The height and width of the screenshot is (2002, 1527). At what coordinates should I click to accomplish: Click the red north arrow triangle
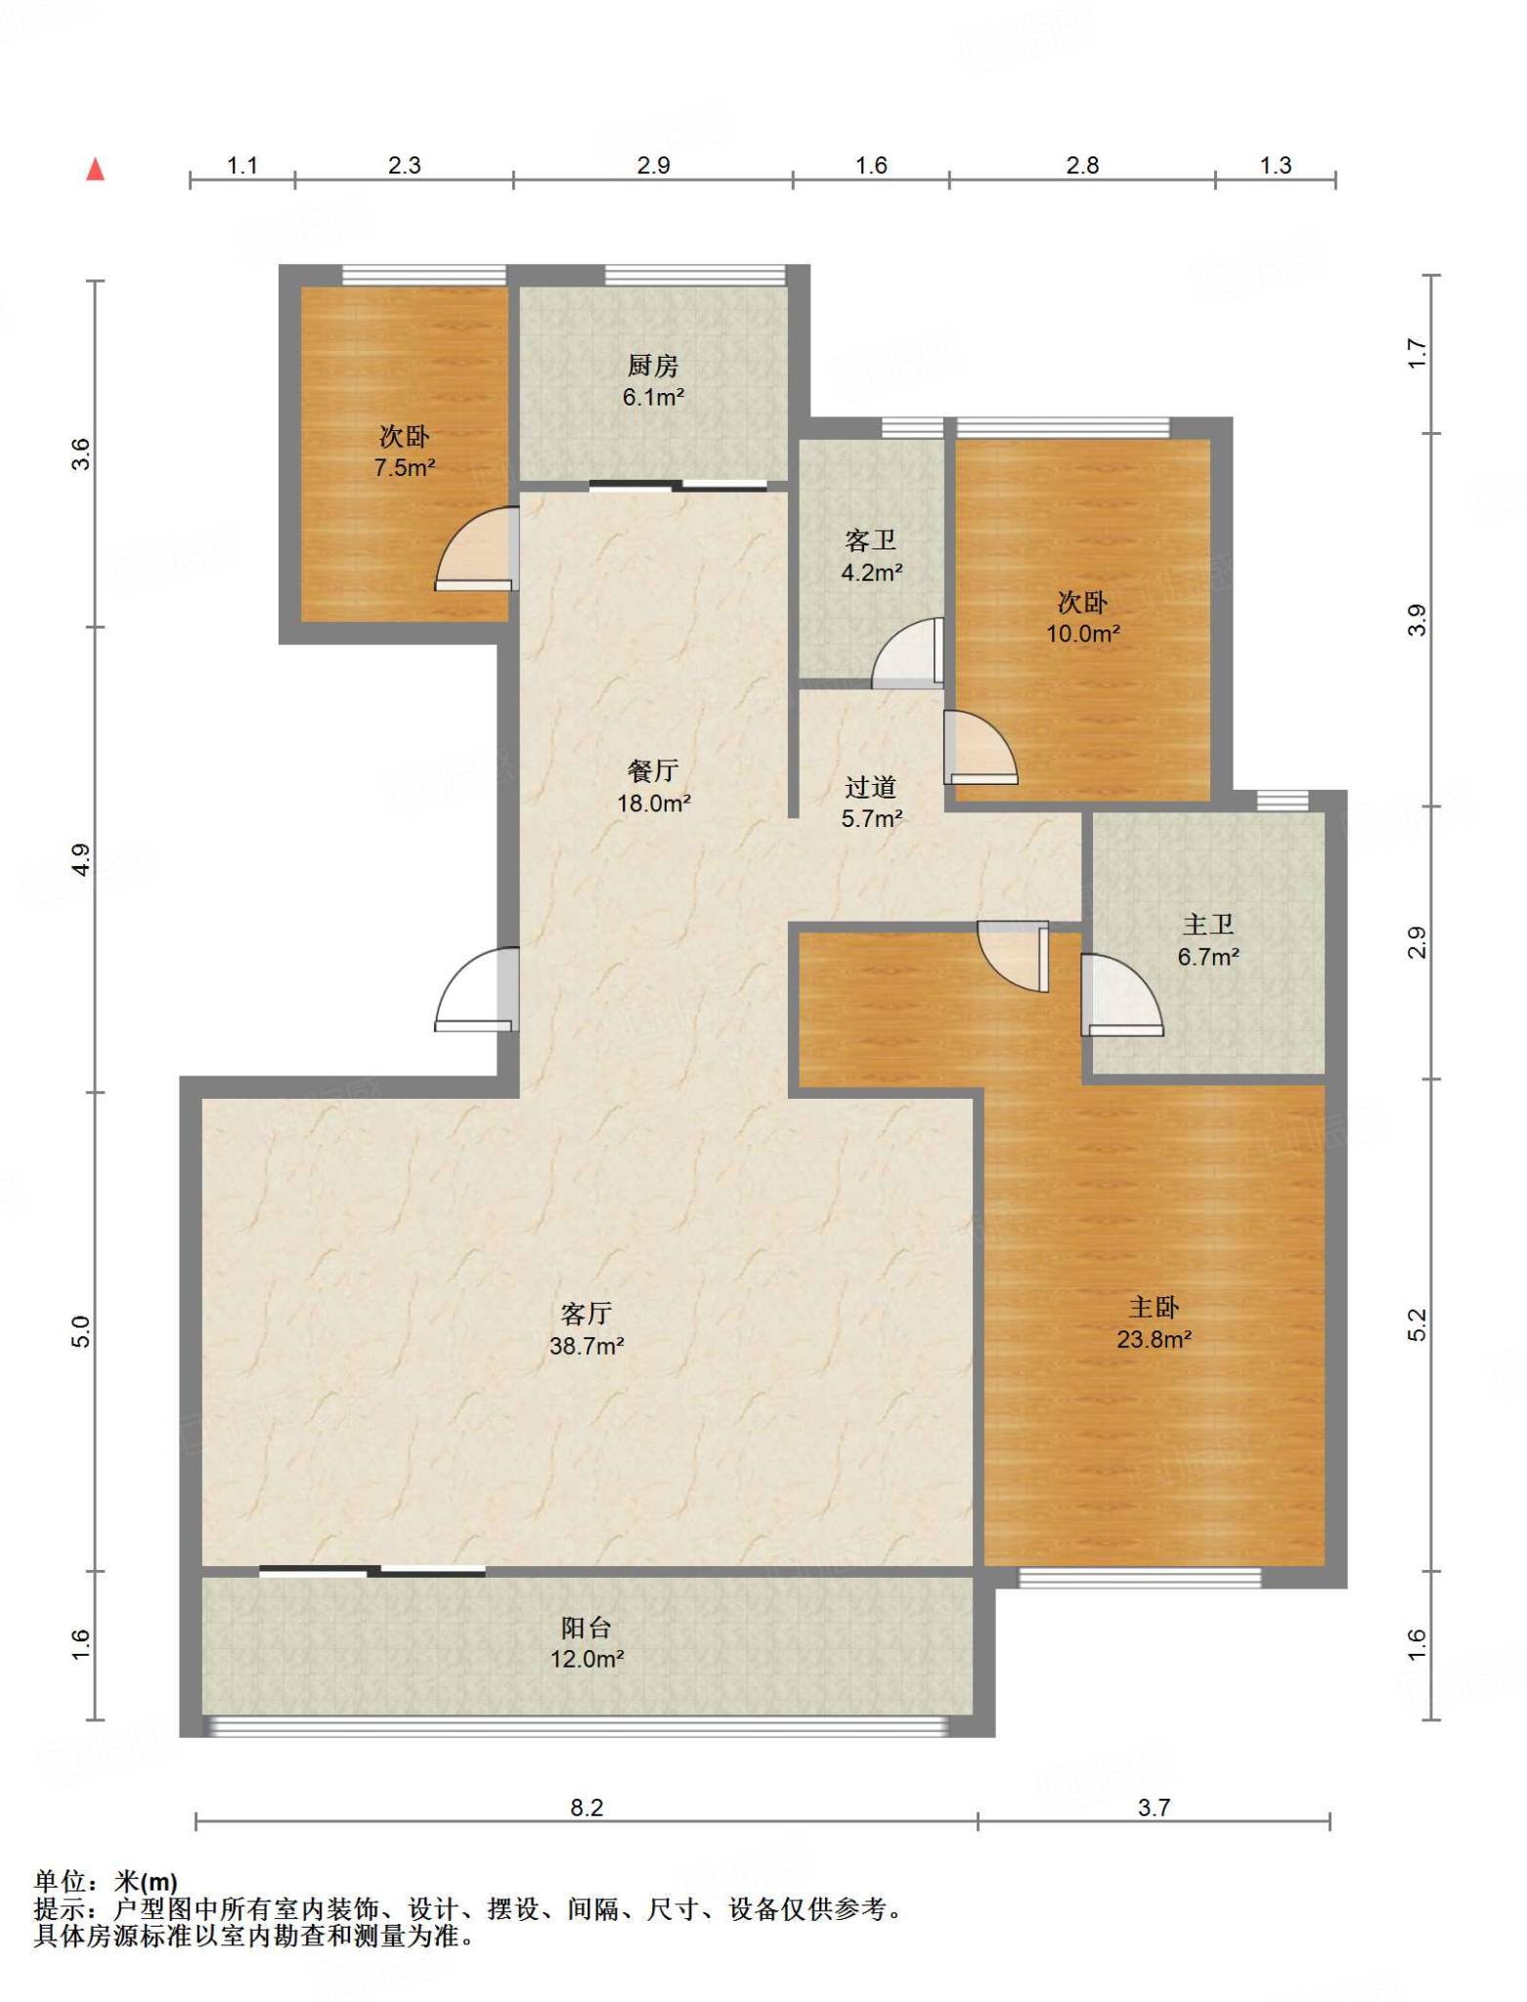coord(95,169)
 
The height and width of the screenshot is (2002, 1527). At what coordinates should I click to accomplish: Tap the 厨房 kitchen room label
coord(653,366)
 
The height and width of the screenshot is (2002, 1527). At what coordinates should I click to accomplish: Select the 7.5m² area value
coord(405,467)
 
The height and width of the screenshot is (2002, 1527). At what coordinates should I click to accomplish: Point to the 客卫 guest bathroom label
coord(870,541)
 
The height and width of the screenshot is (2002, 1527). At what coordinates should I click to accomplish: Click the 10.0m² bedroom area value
coord(1083,633)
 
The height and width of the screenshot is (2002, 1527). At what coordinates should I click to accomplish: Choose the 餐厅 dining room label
coord(653,771)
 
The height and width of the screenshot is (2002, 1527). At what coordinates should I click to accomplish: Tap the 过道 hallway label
coord(870,787)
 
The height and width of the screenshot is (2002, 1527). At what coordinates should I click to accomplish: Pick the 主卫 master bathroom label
coord(1208,925)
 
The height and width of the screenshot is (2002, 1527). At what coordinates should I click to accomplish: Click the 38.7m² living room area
coord(587,1346)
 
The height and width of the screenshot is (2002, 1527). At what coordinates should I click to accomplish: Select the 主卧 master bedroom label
coord(1155,1307)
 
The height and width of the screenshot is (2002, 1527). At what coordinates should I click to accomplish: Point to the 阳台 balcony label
coord(587,1628)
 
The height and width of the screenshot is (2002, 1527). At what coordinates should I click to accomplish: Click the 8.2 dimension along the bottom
coord(587,1807)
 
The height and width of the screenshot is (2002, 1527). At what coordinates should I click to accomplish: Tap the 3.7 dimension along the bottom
coord(1154,1807)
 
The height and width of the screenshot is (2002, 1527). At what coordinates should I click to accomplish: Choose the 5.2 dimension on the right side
coord(1418,1325)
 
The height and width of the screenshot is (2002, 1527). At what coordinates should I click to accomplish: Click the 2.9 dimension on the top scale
coord(653,165)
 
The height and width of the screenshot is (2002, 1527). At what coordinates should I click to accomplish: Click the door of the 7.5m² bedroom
coord(476,548)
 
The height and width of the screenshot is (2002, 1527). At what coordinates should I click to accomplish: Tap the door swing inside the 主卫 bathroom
coord(1121,994)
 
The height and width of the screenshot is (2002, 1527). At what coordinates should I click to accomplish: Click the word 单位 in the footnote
coord(61,1880)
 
